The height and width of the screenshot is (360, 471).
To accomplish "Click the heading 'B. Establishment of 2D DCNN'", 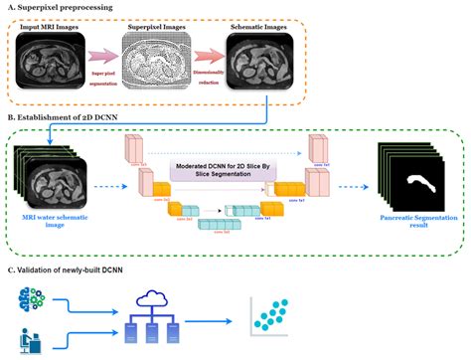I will click(x=74, y=117).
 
